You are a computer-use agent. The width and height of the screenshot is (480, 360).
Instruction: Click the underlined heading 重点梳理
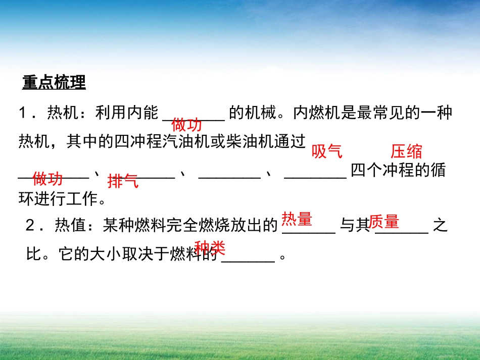point(54,82)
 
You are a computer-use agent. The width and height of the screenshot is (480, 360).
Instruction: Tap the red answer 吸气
point(327,151)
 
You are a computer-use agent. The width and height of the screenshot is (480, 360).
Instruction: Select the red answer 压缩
point(406,151)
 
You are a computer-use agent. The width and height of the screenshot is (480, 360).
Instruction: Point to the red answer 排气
point(123,181)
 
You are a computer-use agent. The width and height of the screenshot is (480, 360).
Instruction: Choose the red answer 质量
point(384,221)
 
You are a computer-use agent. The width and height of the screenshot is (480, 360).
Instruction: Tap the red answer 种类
point(210,247)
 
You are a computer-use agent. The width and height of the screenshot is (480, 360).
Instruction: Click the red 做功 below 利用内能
point(186,124)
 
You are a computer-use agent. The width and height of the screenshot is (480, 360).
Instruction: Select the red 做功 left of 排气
point(47,178)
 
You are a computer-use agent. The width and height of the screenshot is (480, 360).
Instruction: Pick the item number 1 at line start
point(23,113)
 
